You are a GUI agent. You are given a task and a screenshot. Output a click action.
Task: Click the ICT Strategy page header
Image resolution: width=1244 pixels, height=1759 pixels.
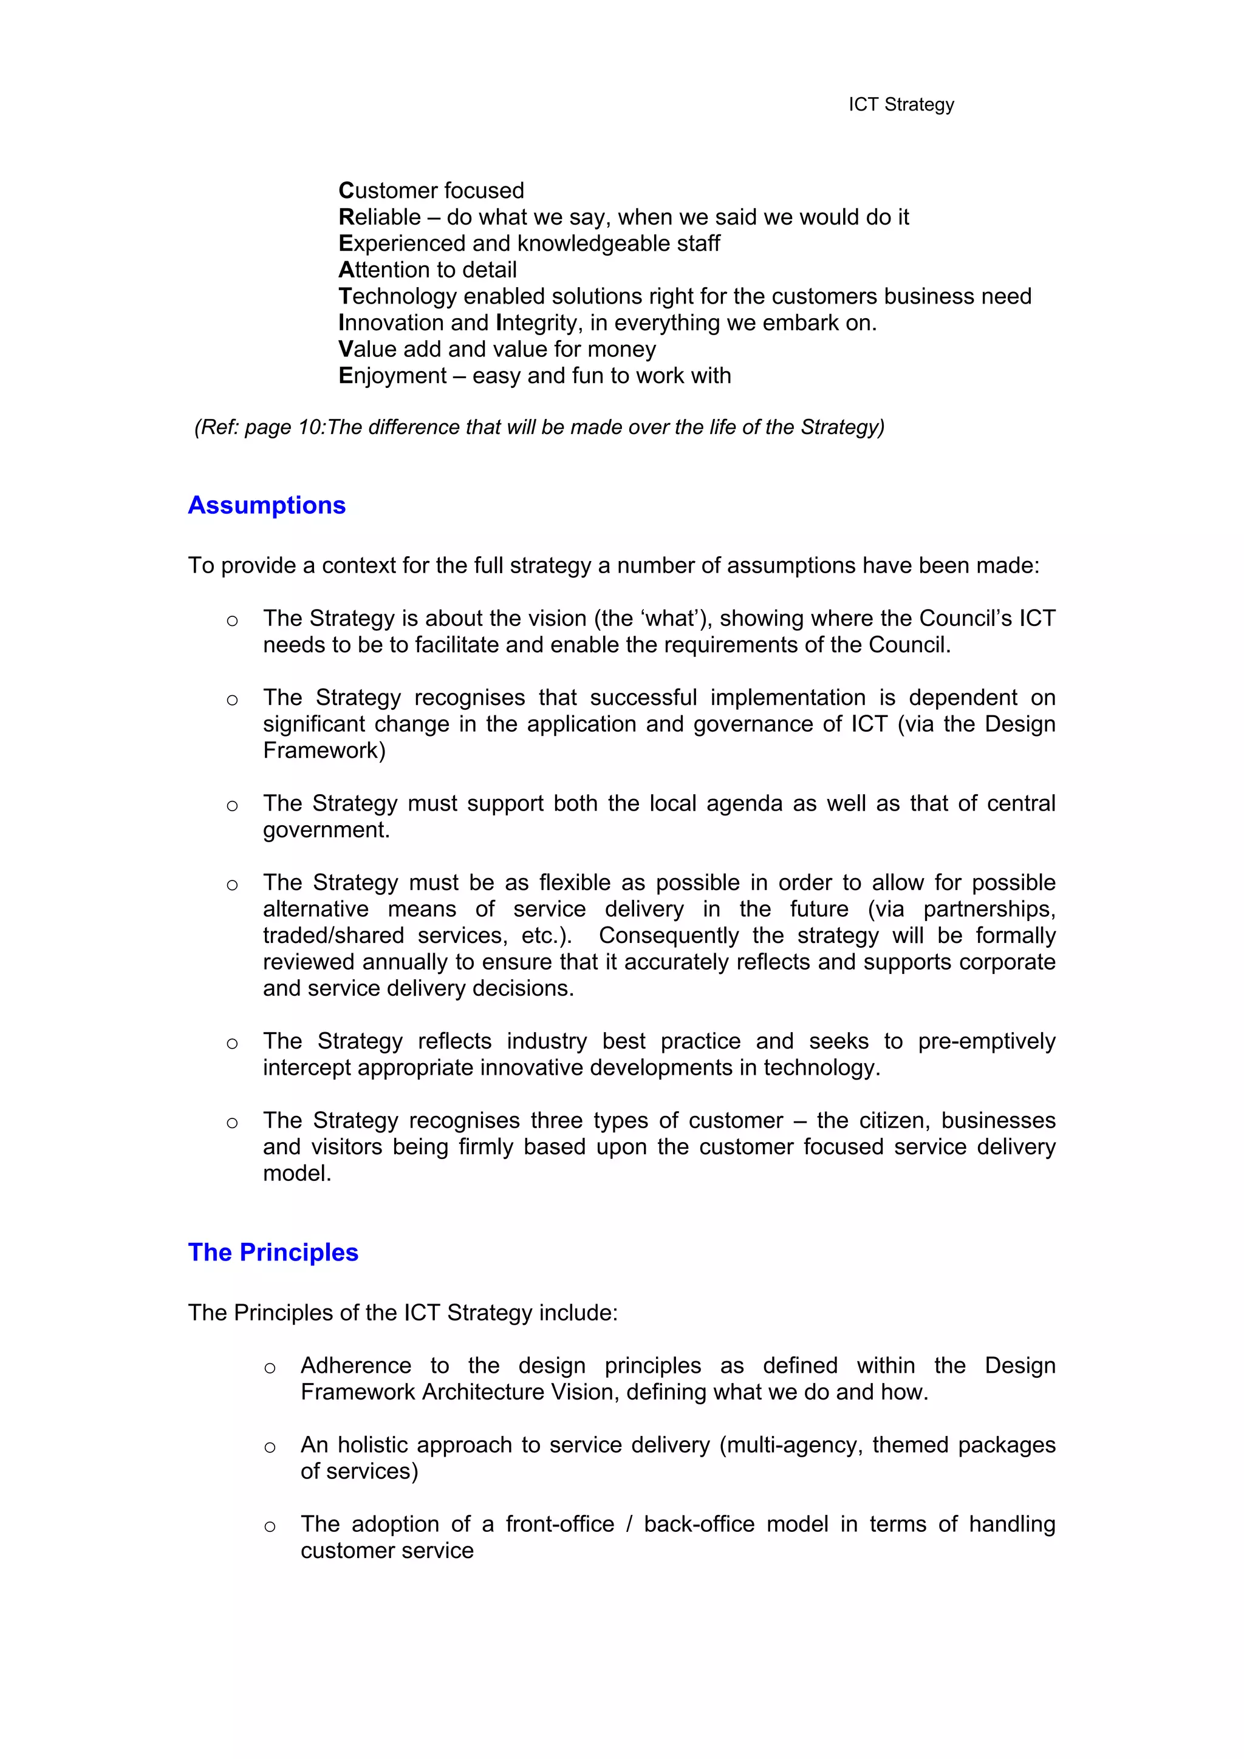pos(901,105)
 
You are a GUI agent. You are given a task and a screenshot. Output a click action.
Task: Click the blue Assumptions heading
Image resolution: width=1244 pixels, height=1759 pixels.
pos(267,506)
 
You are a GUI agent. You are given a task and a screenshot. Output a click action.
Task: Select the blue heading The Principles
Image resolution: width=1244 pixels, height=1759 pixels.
pos(273,1253)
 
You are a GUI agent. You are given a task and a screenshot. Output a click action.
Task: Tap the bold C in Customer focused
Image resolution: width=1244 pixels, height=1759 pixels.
pos(346,191)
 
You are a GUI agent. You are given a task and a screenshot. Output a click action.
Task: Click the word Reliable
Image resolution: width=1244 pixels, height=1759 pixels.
pos(380,217)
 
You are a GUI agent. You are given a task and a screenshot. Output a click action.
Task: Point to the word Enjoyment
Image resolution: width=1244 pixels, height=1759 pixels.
pos(392,376)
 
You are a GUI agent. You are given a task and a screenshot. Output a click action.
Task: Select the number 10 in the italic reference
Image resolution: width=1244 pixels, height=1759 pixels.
pos(311,427)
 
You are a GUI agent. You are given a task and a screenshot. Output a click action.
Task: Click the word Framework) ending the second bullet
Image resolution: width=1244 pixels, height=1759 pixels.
pos(324,751)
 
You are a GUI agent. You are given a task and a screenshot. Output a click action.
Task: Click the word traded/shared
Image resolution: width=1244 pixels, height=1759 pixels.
pos(333,936)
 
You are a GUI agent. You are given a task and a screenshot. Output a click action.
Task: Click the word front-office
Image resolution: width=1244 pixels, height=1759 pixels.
pos(559,1525)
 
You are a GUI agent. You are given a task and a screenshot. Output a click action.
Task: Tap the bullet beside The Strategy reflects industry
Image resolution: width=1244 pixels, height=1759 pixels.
pos(232,1044)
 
